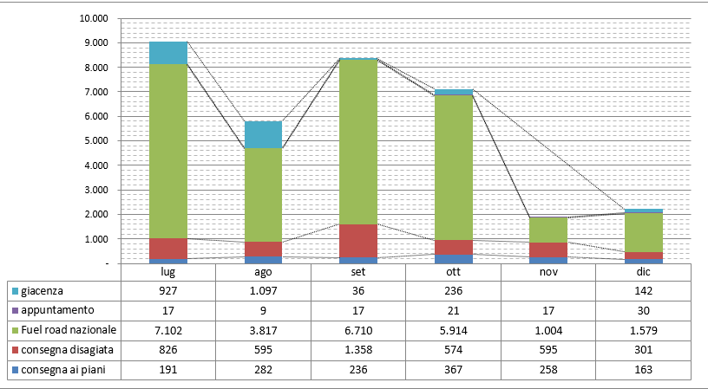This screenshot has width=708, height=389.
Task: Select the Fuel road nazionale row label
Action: point(70,330)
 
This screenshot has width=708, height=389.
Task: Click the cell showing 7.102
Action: point(168,330)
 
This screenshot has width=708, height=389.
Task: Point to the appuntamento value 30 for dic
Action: point(643,309)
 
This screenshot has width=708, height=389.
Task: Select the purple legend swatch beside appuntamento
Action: point(16,309)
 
